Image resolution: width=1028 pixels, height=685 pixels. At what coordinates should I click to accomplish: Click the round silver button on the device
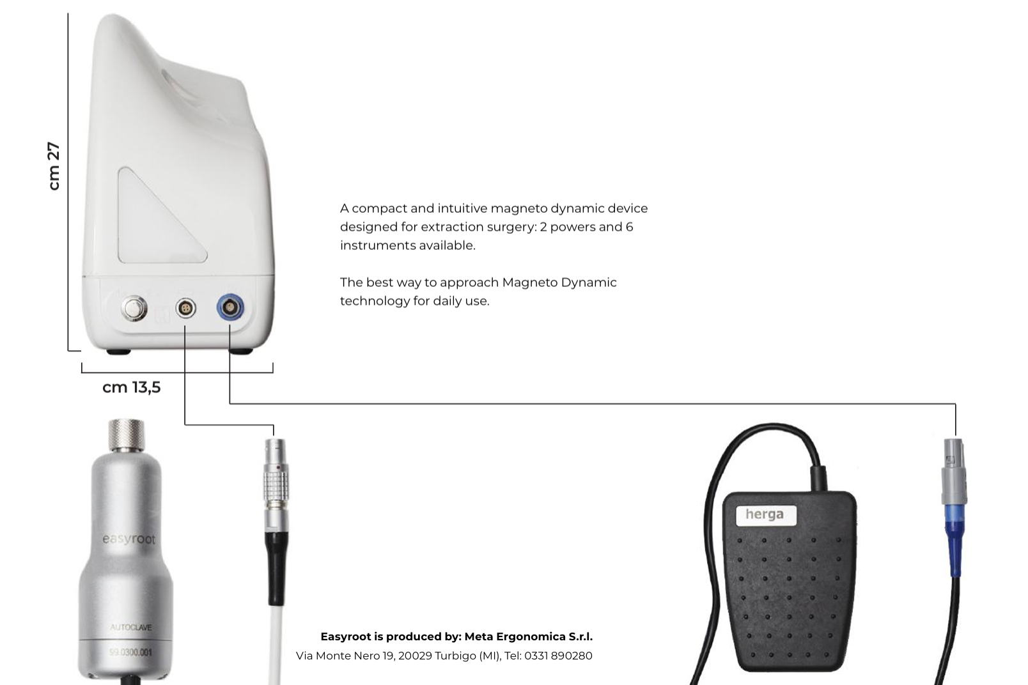click(x=134, y=308)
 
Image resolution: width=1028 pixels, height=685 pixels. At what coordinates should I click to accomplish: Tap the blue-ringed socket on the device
click(x=230, y=308)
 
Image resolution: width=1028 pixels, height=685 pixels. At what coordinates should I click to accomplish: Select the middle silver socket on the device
click(x=185, y=309)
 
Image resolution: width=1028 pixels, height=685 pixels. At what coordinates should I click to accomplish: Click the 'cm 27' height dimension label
click(x=54, y=165)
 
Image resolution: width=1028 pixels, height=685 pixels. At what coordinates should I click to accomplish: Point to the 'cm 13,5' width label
click(x=131, y=388)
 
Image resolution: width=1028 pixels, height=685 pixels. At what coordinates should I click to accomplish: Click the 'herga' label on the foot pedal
click(x=765, y=514)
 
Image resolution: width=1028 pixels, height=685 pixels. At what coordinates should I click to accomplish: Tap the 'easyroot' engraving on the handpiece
click(x=129, y=538)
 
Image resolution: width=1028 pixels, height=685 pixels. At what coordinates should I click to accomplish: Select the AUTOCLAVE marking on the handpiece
click(x=131, y=627)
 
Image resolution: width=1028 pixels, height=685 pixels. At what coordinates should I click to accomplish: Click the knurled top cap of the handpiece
click(x=126, y=435)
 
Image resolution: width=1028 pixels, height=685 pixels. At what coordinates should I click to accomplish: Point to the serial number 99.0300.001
click(x=131, y=652)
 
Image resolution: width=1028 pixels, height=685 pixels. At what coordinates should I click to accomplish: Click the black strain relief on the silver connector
click(x=277, y=569)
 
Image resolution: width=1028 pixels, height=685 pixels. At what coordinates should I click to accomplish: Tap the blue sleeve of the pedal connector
click(x=954, y=540)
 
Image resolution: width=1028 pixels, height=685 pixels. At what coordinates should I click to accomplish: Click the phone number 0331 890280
click(x=558, y=656)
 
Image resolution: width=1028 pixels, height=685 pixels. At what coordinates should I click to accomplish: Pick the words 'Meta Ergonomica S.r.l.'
click(x=528, y=637)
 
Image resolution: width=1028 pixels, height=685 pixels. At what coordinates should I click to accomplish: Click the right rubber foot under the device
click(x=240, y=351)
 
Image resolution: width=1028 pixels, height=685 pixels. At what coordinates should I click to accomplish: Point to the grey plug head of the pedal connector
click(x=954, y=471)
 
